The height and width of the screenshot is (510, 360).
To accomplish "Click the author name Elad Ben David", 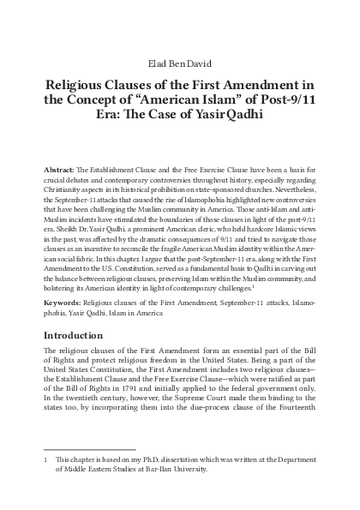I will [180, 62].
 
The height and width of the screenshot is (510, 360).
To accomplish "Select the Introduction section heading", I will [81, 321].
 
